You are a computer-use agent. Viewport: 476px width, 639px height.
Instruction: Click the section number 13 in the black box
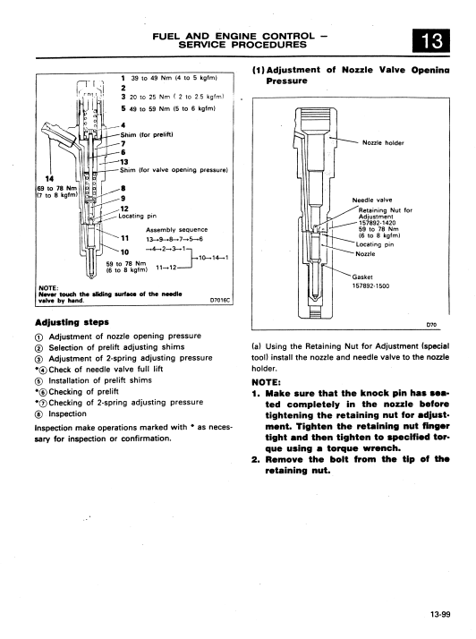click(x=431, y=41)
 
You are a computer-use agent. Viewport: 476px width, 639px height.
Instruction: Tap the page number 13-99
click(x=440, y=614)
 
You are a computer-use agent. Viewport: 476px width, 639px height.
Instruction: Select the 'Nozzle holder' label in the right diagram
click(x=383, y=142)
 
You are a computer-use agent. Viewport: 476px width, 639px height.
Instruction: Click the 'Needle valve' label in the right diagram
click(x=372, y=200)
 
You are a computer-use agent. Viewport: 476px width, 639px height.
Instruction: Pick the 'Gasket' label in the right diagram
click(x=362, y=277)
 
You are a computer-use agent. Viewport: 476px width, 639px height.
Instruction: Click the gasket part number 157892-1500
click(x=370, y=286)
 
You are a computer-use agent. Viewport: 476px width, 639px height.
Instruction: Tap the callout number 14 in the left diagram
click(x=49, y=178)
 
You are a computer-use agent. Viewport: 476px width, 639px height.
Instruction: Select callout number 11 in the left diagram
click(x=124, y=238)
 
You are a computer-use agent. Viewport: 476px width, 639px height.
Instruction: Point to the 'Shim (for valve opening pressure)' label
click(x=174, y=170)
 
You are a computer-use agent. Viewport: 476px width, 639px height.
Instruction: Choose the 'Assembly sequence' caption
click(x=177, y=230)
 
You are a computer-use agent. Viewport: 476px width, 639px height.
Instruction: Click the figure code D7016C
click(x=220, y=301)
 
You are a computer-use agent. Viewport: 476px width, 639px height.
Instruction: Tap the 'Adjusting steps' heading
click(x=72, y=322)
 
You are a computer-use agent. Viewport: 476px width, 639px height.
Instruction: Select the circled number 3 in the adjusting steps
click(x=38, y=359)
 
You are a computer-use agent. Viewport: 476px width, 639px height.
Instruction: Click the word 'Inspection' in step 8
click(x=68, y=414)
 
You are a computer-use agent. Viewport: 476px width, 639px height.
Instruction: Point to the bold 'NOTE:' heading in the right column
click(x=266, y=382)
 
